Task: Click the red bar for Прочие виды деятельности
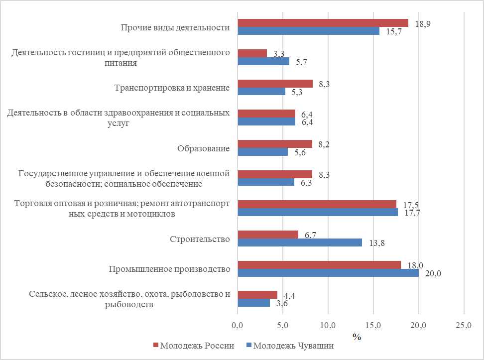click(x=323, y=23)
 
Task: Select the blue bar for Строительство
click(x=300, y=242)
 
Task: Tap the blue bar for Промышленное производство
click(x=328, y=273)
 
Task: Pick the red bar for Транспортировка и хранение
click(x=275, y=84)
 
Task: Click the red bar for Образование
click(x=275, y=144)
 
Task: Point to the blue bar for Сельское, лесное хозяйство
click(x=253, y=303)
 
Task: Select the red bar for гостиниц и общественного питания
click(x=252, y=53)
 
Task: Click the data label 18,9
click(x=423, y=24)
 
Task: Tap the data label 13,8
click(x=376, y=243)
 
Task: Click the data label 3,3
click(x=279, y=54)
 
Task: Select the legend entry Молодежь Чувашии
click(x=289, y=346)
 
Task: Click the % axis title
click(x=357, y=337)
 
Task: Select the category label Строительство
click(x=199, y=240)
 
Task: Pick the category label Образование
click(x=203, y=148)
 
